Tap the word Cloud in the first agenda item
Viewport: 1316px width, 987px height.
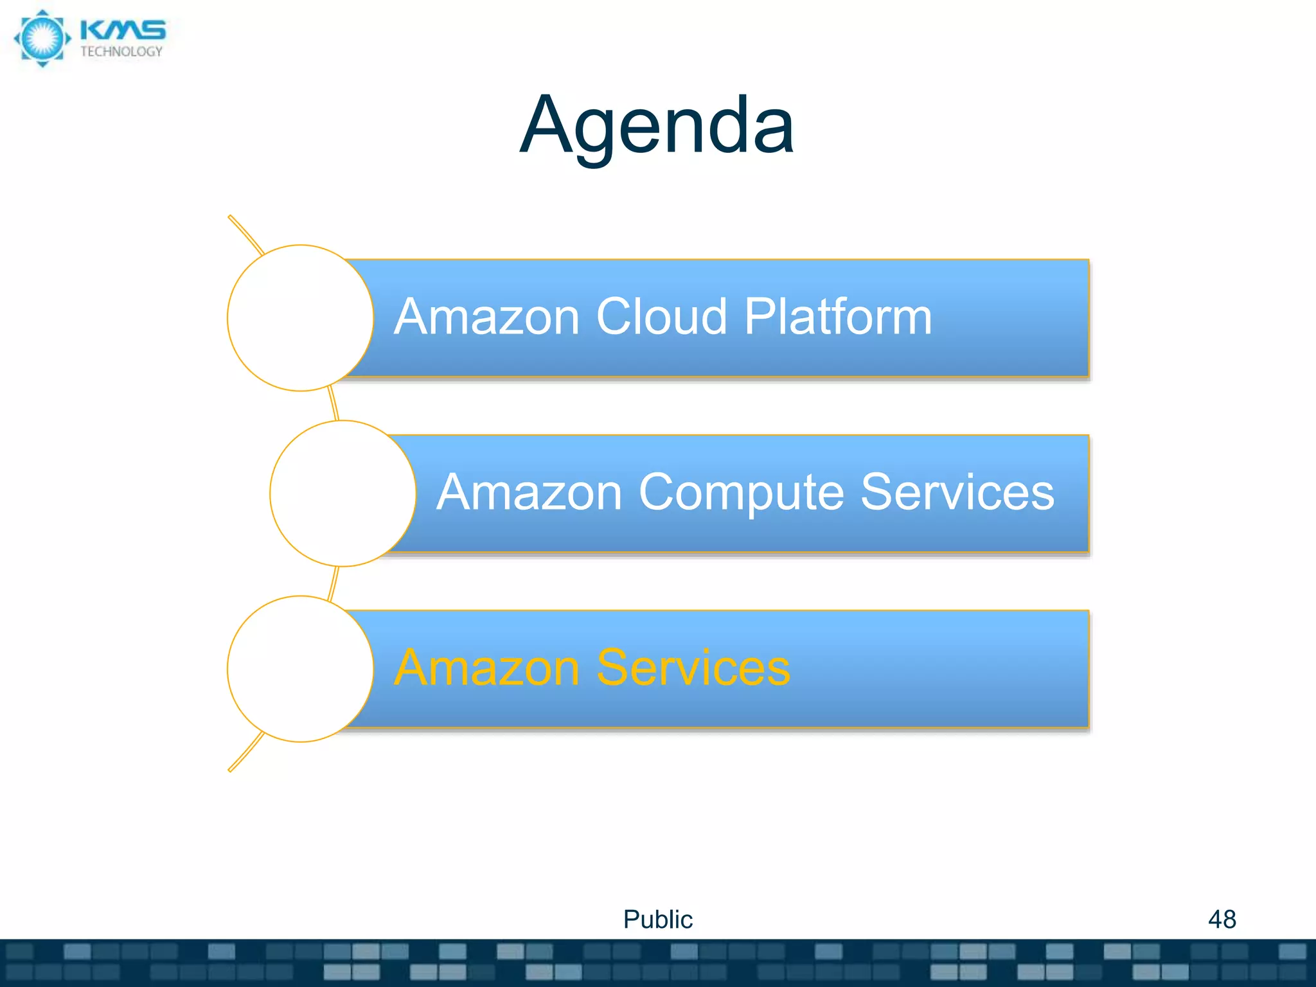pos(661,317)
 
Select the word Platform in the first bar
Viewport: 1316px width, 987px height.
pos(838,317)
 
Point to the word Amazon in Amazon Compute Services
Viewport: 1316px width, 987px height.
pos(529,492)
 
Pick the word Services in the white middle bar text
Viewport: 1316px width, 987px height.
pos(957,492)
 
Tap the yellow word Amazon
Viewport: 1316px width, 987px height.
pos(487,668)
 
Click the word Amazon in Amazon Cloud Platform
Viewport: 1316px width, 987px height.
pos(487,317)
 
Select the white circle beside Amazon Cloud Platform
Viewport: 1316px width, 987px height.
pos(300,318)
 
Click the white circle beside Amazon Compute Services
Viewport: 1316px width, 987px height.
pos(342,493)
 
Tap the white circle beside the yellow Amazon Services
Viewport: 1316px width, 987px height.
pos(300,669)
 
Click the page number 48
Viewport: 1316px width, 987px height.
pos(1222,920)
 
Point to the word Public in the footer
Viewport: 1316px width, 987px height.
pos(657,920)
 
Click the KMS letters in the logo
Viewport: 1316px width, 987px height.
pos(123,31)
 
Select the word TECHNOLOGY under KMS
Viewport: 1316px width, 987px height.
pos(121,52)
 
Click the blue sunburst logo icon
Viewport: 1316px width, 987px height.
pos(42,38)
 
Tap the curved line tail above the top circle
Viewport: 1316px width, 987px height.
pos(245,234)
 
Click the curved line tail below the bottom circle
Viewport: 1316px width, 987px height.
pos(245,752)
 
